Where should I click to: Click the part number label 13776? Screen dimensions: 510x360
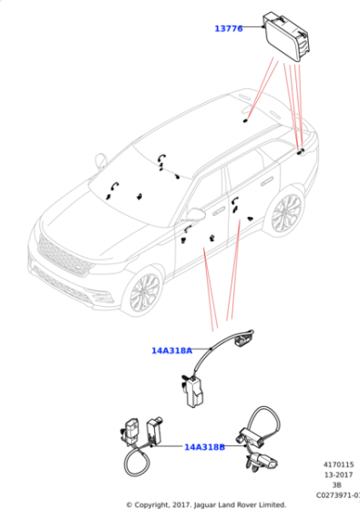228,29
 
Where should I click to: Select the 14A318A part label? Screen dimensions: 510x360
171,350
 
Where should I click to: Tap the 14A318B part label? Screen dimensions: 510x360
205,447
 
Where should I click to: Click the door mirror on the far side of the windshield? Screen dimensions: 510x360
101,161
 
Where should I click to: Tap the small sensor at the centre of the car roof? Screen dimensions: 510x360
246,119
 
